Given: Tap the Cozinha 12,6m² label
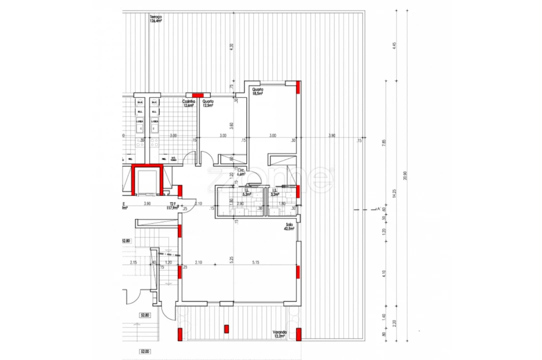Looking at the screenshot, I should point(188,103).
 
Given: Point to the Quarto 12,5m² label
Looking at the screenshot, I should point(208,103).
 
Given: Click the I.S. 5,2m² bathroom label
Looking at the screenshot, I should point(246,192).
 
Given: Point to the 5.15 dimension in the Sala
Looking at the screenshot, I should point(256,262).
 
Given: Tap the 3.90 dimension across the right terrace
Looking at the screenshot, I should point(332,136).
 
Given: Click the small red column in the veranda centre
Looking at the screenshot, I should point(226,328).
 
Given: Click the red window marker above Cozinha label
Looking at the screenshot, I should point(198,94).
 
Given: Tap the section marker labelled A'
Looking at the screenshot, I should point(379,209).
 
